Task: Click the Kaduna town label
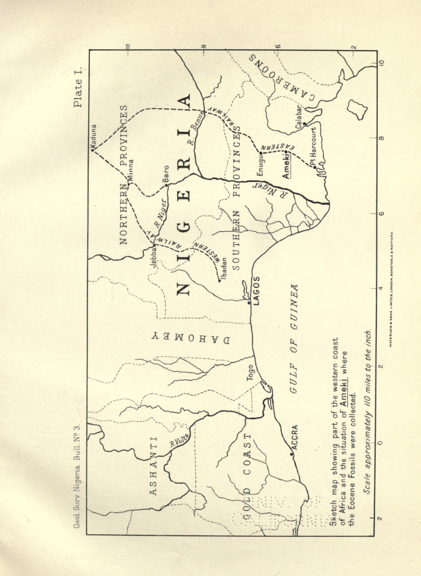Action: [x=93, y=135]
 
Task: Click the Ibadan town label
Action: [x=220, y=265]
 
